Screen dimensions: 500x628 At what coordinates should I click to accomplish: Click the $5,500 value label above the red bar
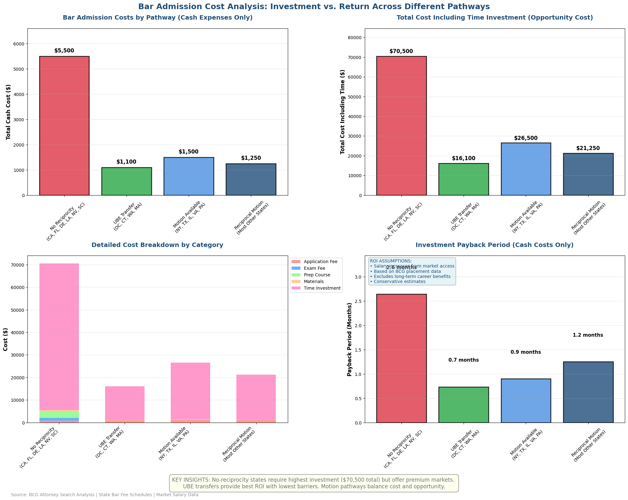coord(64,51)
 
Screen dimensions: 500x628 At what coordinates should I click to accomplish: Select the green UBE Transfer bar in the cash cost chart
coord(126,181)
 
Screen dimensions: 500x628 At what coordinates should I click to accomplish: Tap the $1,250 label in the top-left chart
coord(251,158)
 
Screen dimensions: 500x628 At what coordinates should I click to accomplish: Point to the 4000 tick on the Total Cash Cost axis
coord(19,94)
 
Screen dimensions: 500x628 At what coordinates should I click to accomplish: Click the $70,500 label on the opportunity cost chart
coord(401,51)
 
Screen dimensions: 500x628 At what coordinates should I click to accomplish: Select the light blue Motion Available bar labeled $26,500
coord(526,169)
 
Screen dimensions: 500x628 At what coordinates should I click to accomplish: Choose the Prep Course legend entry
coord(317,275)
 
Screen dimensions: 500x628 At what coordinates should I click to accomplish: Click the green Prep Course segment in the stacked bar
coord(59,414)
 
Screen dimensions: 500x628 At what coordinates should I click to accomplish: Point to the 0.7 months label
coord(463,360)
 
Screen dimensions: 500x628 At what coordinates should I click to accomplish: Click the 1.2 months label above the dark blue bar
coord(588,335)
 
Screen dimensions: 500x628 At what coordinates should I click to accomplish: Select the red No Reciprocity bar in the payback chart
coord(401,358)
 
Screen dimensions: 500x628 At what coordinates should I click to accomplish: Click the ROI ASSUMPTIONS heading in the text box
coord(391,261)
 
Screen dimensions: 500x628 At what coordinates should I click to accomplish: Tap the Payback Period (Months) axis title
coord(349,339)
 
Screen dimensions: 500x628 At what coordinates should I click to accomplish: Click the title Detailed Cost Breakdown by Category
coord(157,245)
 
